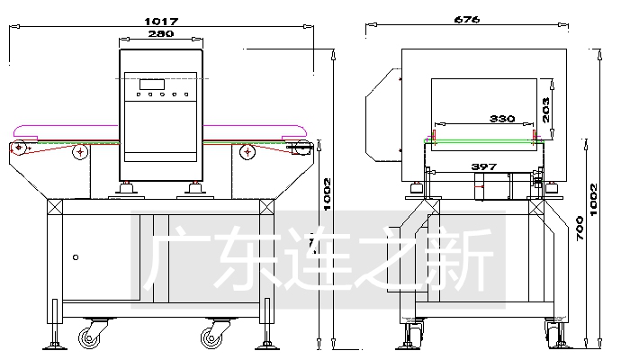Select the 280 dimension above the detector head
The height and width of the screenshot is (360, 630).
(x=163, y=34)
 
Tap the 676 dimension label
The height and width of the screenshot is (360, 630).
(x=467, y=19)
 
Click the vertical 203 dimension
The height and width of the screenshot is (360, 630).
(x=546, y=109)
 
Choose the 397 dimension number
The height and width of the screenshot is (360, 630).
(x=484, y=166)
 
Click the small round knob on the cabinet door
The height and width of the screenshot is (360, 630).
(x=76, y=257)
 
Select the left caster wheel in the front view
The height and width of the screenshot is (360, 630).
(x=89, y=337)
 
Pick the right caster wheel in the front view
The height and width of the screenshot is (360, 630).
(x=212, y=337)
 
